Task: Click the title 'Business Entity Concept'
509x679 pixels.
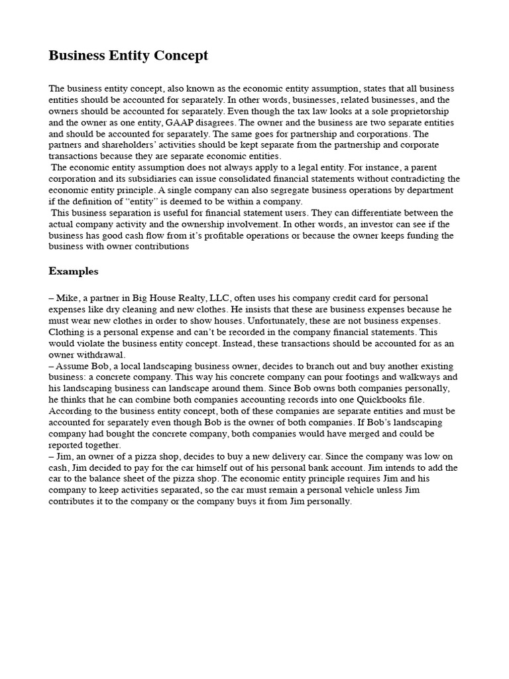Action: (128, 56)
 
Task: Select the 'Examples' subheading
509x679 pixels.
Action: (74, 271)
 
